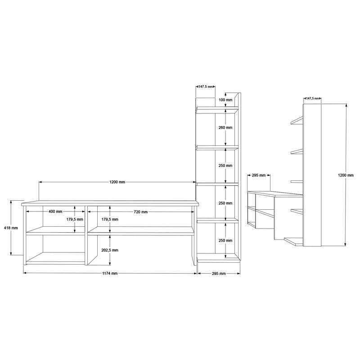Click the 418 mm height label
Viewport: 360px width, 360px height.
[x=10, y=228]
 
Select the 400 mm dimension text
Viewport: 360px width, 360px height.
[x=55, y=211]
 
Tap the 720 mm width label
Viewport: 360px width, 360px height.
[x=141, y=211]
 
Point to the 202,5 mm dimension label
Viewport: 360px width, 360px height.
[x=110, y=250]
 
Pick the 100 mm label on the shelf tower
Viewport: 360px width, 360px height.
[x=225, y=100]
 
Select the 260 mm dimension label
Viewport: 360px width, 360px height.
[x=225, y=128]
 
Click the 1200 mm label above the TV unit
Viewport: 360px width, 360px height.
[x=117, y=182]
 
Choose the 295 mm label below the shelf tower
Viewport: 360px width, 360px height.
[x=218, y=273]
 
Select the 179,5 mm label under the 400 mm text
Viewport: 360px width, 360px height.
[x=75, y=220]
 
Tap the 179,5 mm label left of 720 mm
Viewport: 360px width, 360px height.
[x=110, y=220]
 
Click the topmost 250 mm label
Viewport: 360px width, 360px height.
[x=225, y=166]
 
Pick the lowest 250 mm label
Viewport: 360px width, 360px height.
[x=225, y=241]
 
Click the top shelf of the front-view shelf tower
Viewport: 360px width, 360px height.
[x=217, y=108]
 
